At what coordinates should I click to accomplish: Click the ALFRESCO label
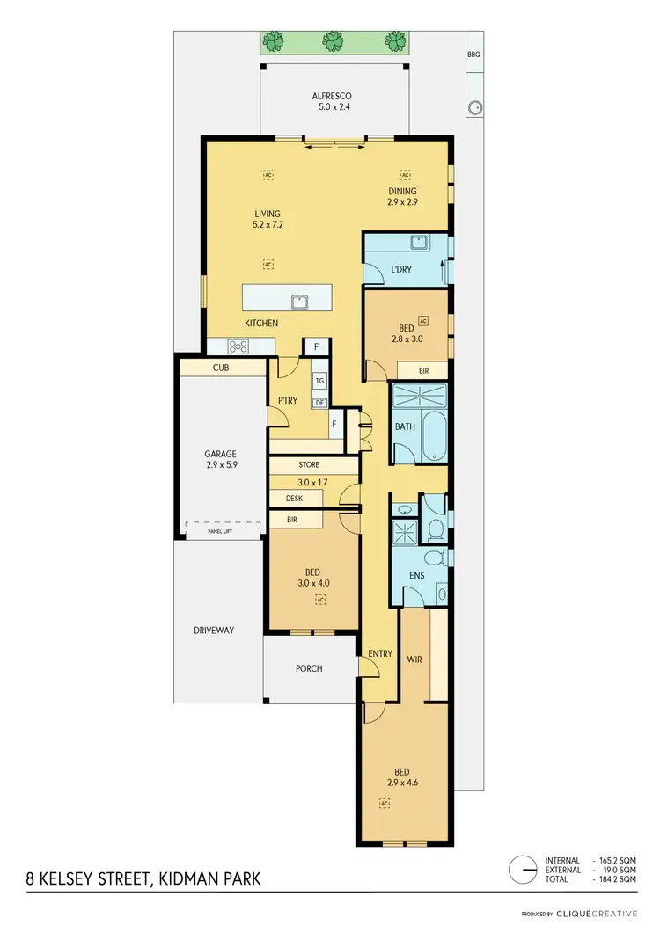(x=333, y=97)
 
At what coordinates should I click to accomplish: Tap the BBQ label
(x=474, y=55)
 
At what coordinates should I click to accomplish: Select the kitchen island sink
(x=300, y=301)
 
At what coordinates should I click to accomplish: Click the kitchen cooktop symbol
(x=238, y=346)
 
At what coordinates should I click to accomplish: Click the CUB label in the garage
(x=220, y=368)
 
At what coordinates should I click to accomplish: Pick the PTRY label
(x=288, y=401)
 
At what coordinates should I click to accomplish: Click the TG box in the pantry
(x=319, y=382)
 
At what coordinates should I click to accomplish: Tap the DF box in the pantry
(x=319, y=403)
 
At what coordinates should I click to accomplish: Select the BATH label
(x=404, y=426)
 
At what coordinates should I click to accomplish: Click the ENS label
(x=418, y=577)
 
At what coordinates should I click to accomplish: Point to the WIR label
(x=415, y=658)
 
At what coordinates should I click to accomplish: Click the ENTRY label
(x=381, y=653)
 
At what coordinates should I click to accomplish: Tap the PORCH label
(x=309, y=668)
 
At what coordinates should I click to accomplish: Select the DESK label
(x=293, y=499)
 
